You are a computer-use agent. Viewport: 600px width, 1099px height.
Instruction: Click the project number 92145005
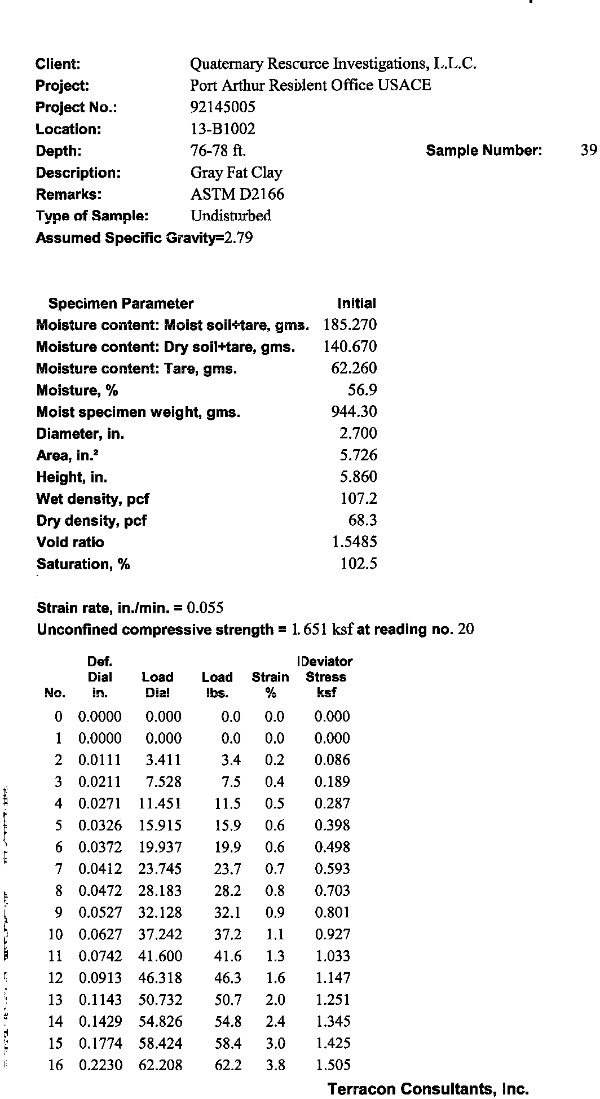click(x=223, y=107)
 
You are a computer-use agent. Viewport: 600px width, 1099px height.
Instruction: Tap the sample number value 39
click(x=588, y=150)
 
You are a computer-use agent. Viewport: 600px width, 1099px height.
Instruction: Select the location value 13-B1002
click(x=223, y=129)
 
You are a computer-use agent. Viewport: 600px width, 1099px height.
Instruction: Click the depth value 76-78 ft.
click(x=218, y=151)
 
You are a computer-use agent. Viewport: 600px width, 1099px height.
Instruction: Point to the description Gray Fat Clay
click(x=236, y=173)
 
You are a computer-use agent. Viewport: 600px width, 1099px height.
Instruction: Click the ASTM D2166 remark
click(x=237, y=195)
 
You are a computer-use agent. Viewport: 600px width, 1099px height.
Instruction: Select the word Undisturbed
click(x=231, y=216)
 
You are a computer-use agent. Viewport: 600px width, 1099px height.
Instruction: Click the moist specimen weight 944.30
click(x=354, y=412)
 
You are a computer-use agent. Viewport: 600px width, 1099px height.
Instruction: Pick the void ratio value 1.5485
click(x=354, y=542)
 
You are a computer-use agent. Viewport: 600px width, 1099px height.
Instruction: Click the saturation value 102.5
click(x=359, y=564)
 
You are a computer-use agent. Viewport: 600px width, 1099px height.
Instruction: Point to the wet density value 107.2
click(x=359, y=499)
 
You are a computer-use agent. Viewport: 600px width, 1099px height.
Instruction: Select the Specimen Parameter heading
click(x=121, y=304)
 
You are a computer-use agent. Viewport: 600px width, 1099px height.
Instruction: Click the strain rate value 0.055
click(x=205, y=608)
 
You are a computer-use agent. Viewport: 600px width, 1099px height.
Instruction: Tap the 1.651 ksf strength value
click(x=322, y=630)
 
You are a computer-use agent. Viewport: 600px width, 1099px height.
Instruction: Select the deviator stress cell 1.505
click(x=333, y=1065)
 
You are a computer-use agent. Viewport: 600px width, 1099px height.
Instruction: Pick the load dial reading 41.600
click(x=160, y=956)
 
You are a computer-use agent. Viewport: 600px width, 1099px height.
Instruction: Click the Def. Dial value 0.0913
click(x=100, y=978)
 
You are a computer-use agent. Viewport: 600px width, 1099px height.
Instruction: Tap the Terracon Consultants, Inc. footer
click(x=428, y=1089)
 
